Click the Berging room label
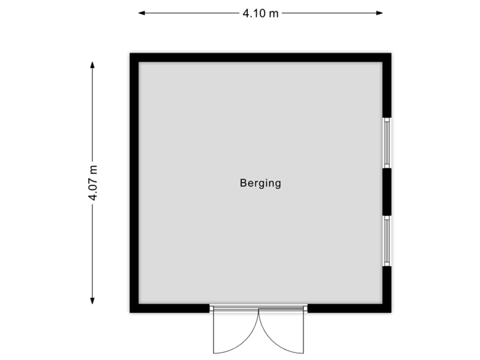coord(260,183)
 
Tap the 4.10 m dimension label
coord(261,13)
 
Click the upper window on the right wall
coord(387,143)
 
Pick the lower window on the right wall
coord(387,241)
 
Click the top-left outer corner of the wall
coord(128,51)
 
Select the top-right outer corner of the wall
coord(394,51)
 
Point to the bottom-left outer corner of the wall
coord(128,315)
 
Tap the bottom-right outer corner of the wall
coord(394,315)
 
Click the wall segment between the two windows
coord(387,192)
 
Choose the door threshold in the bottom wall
coord(259,309)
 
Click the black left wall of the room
coord(133,183)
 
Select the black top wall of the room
coord(260,56)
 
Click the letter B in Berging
coord(243,183)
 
